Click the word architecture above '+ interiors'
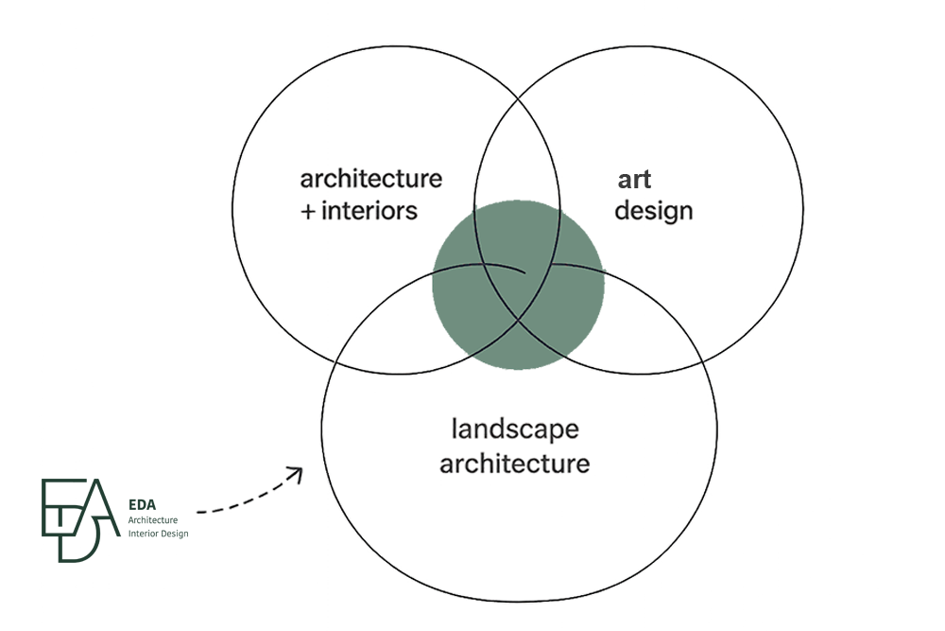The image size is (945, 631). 369,180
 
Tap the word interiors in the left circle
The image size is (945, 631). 369,210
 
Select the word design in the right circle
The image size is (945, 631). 654,210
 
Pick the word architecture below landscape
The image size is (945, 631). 515,465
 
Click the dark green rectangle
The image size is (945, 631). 115,520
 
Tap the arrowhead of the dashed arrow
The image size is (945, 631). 298,471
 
